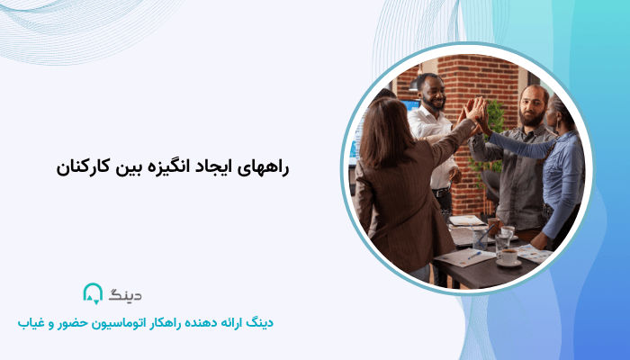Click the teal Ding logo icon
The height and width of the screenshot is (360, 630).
coord(93,293)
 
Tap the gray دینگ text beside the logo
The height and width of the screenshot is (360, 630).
coord(125,294)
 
